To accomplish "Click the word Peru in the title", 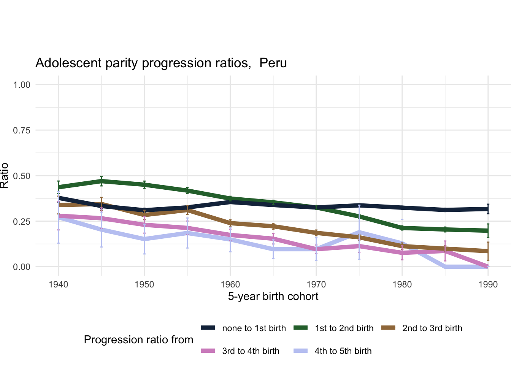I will point(273,63).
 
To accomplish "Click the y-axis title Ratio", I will point(5,176).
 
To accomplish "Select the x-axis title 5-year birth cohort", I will point(273,296).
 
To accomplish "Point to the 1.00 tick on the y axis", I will point(22,84).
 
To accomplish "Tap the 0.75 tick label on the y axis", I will point(22,130).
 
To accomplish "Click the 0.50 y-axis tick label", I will point(22,176).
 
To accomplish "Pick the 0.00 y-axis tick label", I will point(22,267).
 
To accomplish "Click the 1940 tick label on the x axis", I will point(59,285).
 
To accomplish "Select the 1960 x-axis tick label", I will point(230,285).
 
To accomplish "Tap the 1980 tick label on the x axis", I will point(402,285).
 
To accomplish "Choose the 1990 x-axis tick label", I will point(488,285).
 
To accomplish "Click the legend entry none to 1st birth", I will point(254,328).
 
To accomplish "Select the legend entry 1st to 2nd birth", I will point(344,328).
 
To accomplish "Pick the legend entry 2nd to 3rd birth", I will point(432,328).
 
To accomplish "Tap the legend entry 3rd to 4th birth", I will point(251,351).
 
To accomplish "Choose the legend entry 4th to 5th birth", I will point(343,351).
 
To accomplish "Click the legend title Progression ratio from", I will point(138,340).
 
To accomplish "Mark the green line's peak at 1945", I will point(102,181).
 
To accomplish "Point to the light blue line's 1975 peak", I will point(359,232).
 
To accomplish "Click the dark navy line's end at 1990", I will point(488,209).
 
